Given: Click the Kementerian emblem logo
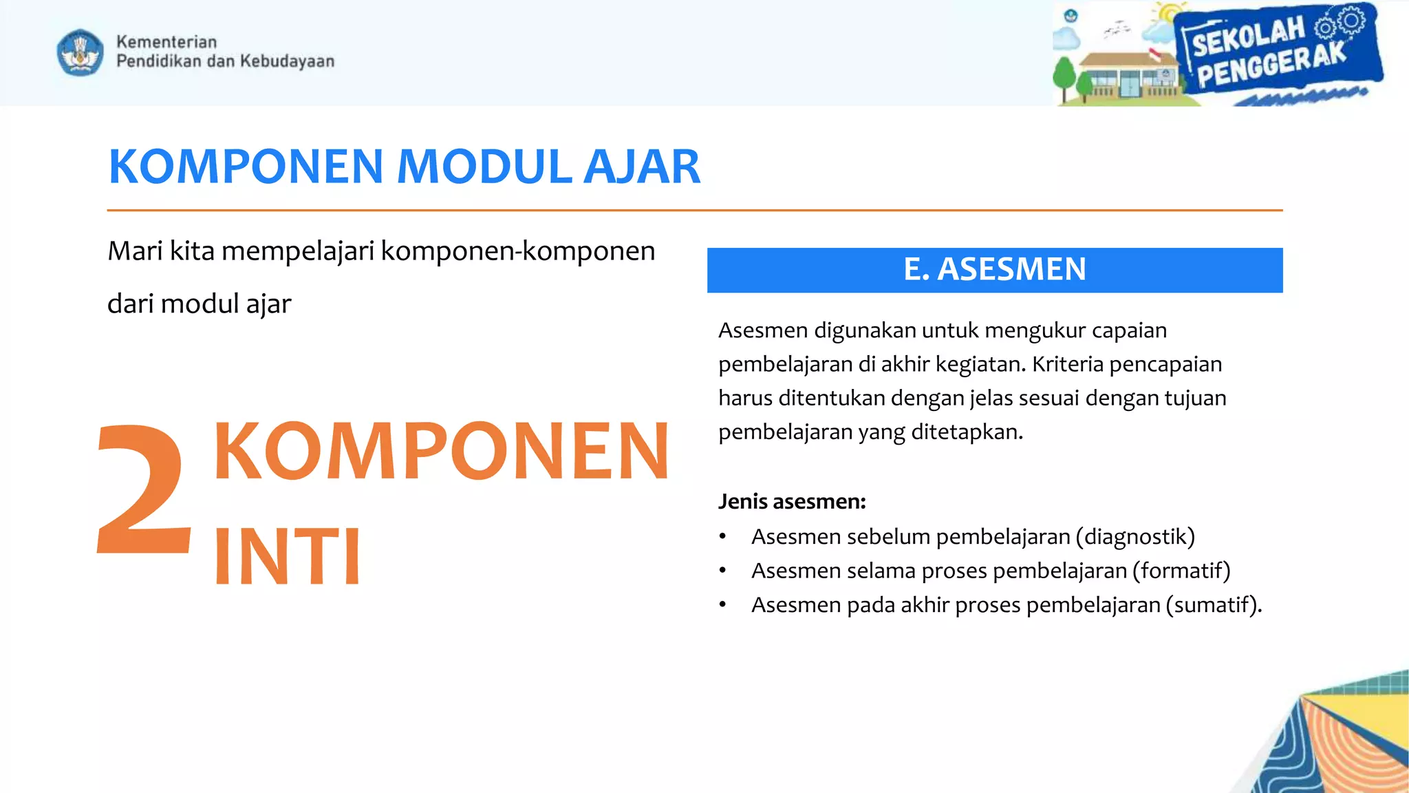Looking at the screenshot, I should [x=80, y=52].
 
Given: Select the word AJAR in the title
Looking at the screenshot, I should [x=641, y=167].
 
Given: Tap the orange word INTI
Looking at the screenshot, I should [x=287, y=556].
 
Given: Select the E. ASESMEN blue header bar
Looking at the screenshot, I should [x=994, y=270].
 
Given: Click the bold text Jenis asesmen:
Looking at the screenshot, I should [x=792, y=501].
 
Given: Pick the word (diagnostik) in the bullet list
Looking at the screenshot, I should [x=1135, y=536].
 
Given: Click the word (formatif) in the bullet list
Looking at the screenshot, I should [x=1181, y=571].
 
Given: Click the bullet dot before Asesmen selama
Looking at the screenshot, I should [x=722, y=571].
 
